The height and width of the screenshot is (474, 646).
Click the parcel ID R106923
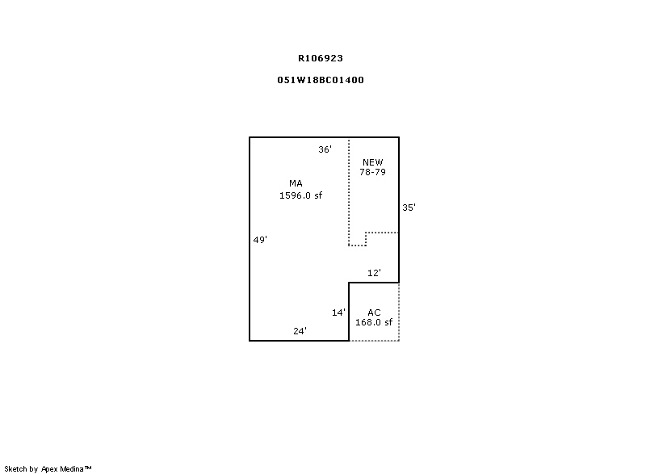click(x=321, y=58)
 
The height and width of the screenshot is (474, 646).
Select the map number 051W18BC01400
click(x=321, y=80)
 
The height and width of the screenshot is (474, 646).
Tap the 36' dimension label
click(x=325, y=149)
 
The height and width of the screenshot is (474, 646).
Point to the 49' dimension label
click(x=260, y=239)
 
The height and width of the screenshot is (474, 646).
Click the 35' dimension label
click(x=409, y=208)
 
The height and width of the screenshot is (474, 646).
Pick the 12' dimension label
click(x=374, y=273)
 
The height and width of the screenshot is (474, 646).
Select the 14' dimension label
click(x=338, y=313)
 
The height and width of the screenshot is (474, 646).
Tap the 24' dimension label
click(x=300, y=331)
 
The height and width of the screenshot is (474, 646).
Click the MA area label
click(x=296, y=183)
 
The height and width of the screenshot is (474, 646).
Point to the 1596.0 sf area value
click(x=300, y=195)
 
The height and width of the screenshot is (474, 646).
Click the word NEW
click(x=373, y=162)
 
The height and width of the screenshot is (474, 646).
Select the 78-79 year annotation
click(x=373, y=172)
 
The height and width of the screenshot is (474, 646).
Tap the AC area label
click(x=374, y=313)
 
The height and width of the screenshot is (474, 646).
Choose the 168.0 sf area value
click(x=374, y=322)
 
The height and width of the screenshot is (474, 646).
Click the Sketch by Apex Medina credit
click(x=48, y=468)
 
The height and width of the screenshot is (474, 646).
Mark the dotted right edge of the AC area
click(x=399, y=312)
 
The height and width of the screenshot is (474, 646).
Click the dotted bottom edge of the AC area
click(x=374, y=341)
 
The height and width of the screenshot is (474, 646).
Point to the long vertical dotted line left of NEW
click(x=349, y=191)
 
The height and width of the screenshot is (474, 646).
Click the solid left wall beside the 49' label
click(x=250, y=239)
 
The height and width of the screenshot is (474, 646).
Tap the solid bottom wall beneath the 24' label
click(x=299, y=341)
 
